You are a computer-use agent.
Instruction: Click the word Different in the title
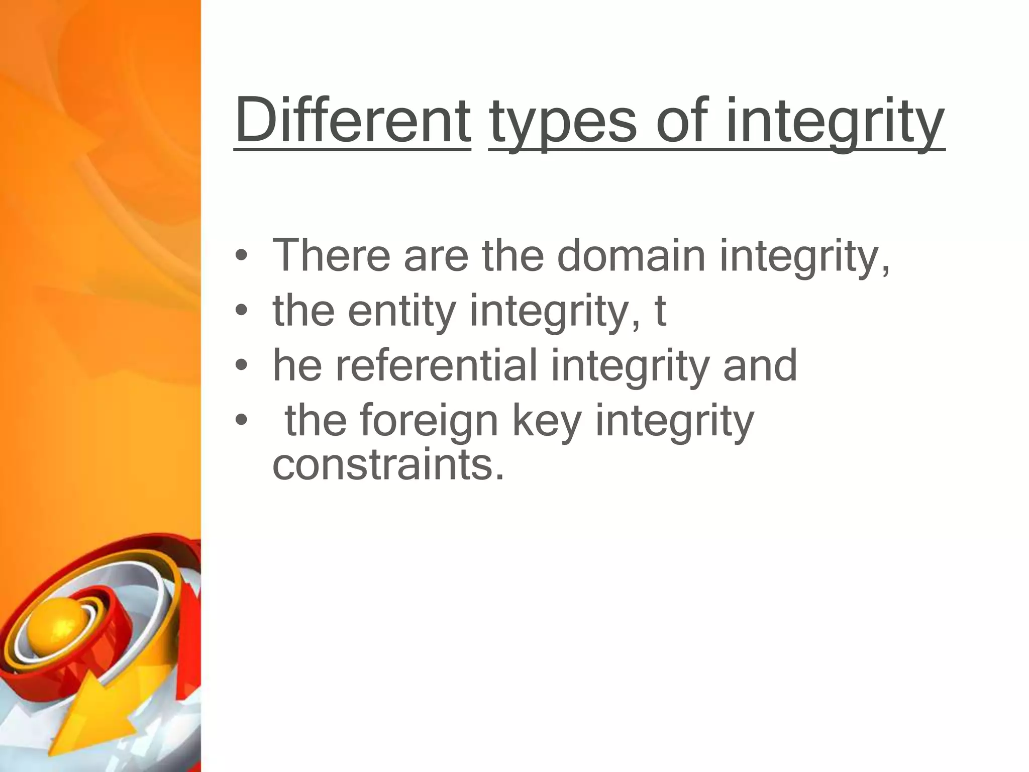coord(352,121)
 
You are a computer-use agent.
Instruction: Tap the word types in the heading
coord(563,123)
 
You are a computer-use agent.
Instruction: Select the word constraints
coord(387,464)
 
